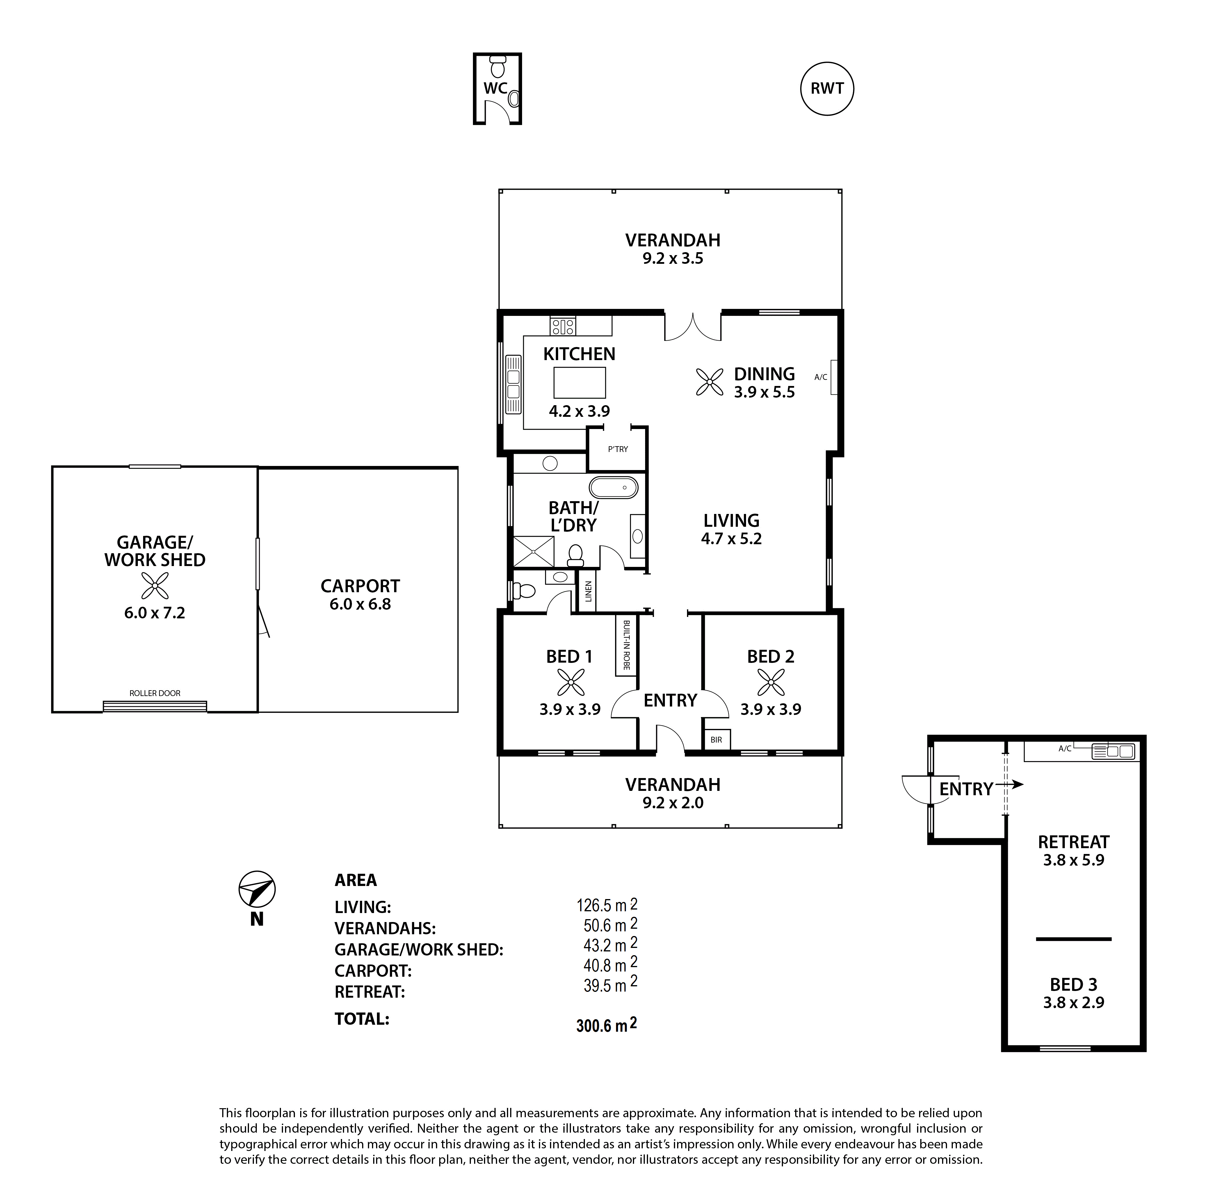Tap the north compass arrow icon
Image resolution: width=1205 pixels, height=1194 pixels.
257,889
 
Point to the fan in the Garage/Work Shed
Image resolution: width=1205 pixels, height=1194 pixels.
155,585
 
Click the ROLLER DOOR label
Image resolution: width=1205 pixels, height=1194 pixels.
155,693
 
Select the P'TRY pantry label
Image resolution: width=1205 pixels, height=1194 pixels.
617,449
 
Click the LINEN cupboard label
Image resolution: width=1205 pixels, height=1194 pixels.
588,591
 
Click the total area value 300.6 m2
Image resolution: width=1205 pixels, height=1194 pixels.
606,1025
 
